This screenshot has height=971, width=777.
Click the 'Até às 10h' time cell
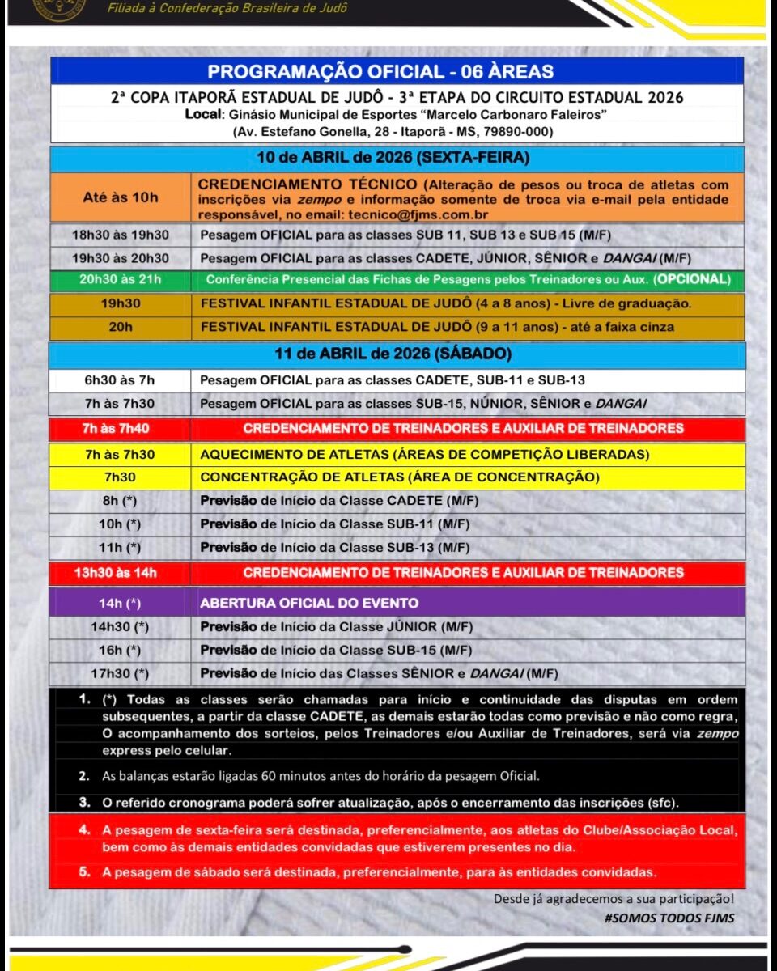tap(121, 197)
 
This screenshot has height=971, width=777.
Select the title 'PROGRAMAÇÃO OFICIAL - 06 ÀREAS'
tap(397, 71)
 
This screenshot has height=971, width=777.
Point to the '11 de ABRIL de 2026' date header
tap(397, 354)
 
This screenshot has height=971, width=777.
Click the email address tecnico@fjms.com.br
tap(415, 215)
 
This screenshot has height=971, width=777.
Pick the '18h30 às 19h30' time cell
tap(121, 235)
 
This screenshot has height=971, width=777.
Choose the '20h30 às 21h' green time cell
tap(121, 280)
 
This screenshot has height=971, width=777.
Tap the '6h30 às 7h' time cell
tap(121, 380)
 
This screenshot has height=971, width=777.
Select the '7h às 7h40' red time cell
tap(121, 428)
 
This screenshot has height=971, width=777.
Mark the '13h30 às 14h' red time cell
tap(121, 573)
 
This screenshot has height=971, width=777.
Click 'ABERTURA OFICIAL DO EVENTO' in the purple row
tap(309, 603)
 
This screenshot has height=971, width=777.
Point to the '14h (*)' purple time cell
tap(121, 603)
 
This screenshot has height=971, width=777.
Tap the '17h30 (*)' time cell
tap(121, 673)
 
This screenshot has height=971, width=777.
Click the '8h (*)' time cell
tap(121, 501)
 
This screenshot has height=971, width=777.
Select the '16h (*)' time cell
tap(121, 650)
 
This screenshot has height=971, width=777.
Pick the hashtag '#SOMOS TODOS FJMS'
tap(669, 918)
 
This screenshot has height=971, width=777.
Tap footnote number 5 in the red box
tap(84, 872)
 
